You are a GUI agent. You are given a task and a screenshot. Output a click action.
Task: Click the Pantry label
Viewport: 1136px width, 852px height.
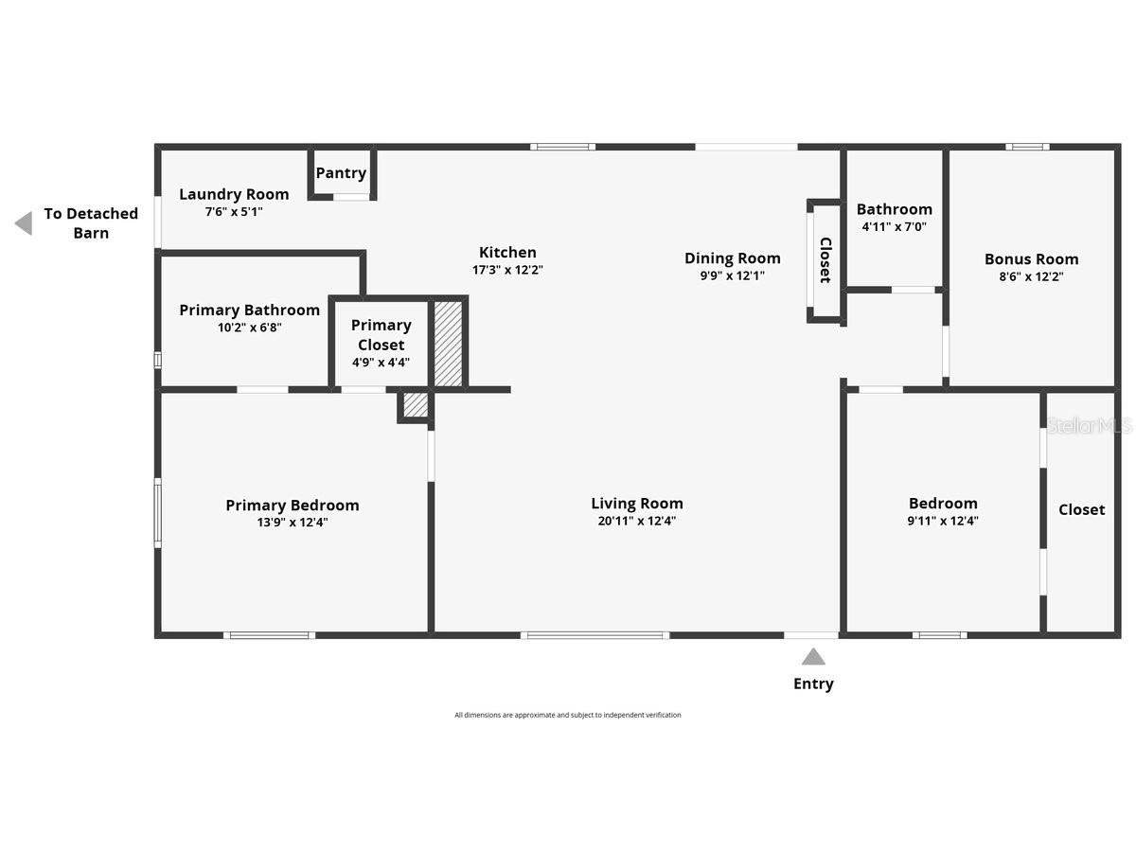click(x=341, y=173)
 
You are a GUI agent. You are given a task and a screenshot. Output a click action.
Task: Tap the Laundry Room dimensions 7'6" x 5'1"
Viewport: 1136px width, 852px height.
click(x=234, y=212)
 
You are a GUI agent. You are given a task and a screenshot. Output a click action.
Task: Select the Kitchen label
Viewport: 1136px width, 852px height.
click(x=507, y=252)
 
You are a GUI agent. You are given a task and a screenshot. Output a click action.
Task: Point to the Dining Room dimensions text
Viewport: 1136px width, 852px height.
click(x=732, y=276)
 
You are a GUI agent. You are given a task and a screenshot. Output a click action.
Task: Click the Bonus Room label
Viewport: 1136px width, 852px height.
click(x=1031, y=258)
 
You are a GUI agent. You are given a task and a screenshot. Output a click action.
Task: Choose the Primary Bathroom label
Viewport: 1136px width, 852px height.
click(x=249, y=310)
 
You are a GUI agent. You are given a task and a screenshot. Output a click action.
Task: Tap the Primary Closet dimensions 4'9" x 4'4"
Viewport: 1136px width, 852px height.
click(x=381, y=362)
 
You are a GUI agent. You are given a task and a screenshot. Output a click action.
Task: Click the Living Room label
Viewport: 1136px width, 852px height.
click(x=636, y=504)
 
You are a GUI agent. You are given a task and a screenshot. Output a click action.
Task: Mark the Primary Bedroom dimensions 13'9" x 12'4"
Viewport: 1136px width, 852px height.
click(x=292, y=522)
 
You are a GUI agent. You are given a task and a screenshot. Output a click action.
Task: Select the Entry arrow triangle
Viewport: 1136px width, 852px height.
click(x=813, y=656)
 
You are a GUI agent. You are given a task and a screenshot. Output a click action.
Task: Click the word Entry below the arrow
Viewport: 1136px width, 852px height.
click(x=813, y=683)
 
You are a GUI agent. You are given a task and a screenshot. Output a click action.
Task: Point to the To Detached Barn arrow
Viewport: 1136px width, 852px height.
click(x=24, y=223)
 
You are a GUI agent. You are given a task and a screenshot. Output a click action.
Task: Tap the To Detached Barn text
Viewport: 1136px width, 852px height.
click(x=91, y=223)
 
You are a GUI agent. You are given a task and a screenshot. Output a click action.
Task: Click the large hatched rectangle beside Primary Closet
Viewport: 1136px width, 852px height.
click(x=448, y=344)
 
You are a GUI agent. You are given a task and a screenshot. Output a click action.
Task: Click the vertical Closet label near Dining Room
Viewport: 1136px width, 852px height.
click(x=825, y=260)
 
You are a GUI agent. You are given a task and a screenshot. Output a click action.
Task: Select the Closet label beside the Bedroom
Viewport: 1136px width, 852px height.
click(x=1081, y=509)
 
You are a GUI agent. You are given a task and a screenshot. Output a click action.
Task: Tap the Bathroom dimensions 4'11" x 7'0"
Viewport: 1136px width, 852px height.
click(x=894, y=227)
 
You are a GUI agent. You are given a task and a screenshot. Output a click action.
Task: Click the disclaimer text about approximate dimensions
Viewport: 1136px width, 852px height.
click(x=567, y=715)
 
